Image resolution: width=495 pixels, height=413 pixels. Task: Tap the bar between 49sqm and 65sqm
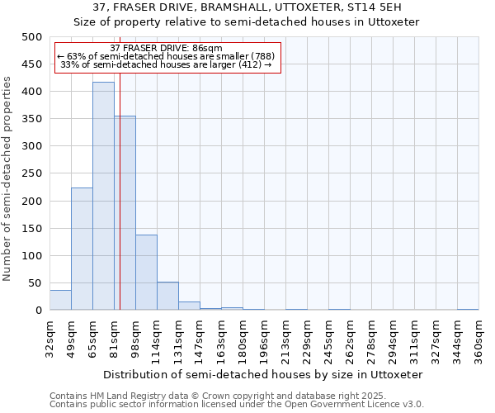(x=82, y=249)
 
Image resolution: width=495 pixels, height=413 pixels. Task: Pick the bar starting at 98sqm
(x=146, y=273)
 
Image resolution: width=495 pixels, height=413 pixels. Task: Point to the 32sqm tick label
(x=49, y=339)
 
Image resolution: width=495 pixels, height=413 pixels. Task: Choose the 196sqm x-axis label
(x=264, y=339)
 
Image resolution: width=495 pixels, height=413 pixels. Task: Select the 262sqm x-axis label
(x=350, y=339)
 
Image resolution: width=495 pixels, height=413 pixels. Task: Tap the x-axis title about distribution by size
(x=264, y=374)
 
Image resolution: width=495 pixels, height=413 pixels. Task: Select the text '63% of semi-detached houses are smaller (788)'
(x=167, y=56)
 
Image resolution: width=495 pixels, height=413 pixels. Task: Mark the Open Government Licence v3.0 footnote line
(x=237, y=405)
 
